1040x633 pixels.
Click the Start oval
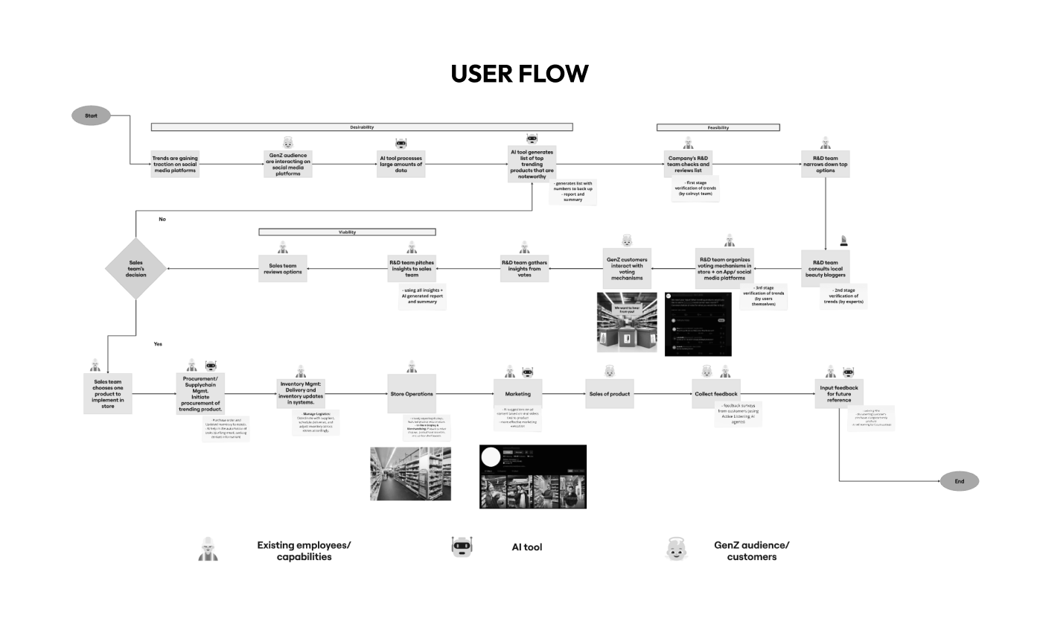[91, 115]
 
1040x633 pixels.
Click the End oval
[959, 481]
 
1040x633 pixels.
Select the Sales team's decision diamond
[135, 269]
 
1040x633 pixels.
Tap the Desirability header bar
[362, 127]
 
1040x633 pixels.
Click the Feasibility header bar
[718, 127]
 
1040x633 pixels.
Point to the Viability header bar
[347, 232]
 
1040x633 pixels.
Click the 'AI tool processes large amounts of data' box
[401, 164]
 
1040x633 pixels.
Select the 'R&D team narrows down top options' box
[825, 164]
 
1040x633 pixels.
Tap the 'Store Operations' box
[411, 394]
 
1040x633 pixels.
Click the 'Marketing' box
[517, 394]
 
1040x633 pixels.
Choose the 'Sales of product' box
[609, 394]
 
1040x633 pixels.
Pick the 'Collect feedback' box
[715, 394]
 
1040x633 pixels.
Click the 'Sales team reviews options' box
[283, 269]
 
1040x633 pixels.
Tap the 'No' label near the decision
[162, 219]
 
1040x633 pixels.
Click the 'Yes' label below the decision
[158, 344]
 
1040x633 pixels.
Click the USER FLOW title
[519, 74]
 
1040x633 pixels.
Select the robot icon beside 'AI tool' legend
[462, 547]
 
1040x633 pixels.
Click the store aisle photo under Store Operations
[410, 474]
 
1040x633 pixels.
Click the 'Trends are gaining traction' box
[175, 164]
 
